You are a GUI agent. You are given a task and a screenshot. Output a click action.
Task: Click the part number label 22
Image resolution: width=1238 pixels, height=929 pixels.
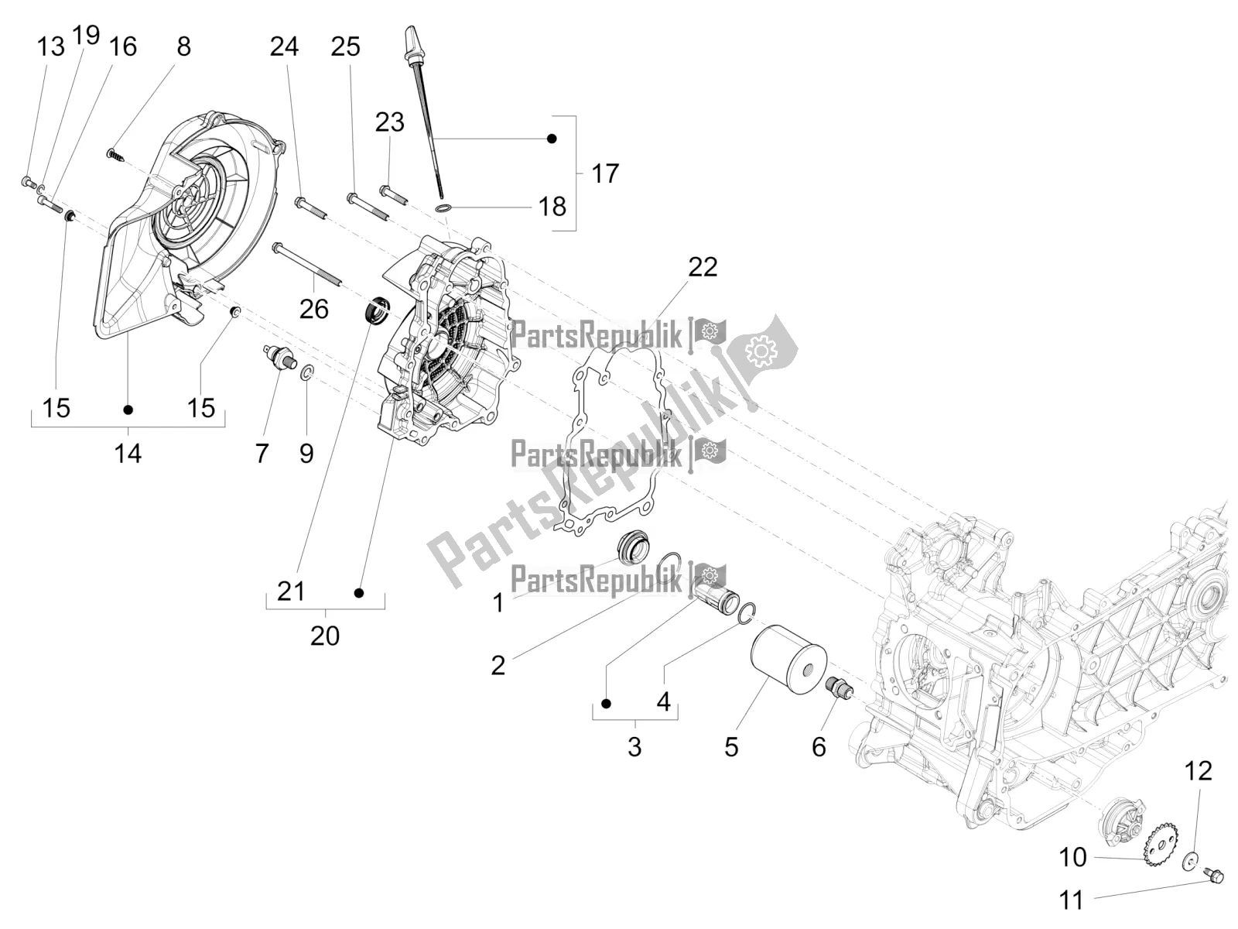click(703, 267)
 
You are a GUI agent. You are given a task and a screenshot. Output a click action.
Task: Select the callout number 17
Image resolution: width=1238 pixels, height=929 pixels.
click(604, 173)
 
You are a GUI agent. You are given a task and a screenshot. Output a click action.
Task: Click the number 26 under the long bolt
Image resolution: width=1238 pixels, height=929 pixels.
click(314, 309)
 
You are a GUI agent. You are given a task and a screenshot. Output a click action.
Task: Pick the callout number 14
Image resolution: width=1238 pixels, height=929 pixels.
click(128, 453)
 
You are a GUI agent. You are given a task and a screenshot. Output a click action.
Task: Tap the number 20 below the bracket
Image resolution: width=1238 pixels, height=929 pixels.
click(325, 636)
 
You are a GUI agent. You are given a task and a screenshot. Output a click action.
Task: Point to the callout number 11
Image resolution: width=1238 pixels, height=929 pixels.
click(1072, 900)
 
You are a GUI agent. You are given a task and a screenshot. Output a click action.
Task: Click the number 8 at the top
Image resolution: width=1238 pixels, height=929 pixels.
click(183, 46)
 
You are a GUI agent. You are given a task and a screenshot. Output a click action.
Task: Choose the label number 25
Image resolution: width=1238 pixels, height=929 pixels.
click(345, 46)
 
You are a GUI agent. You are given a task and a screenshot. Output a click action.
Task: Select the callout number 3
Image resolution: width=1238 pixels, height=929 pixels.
click(634, 747)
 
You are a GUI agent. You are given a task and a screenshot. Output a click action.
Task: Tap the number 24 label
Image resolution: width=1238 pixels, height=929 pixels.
click(284, 46)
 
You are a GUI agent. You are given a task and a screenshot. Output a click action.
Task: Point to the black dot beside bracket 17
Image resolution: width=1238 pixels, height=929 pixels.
click(552, 139)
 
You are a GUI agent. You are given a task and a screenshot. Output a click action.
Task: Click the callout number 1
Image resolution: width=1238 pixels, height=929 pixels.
click(498, 602)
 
